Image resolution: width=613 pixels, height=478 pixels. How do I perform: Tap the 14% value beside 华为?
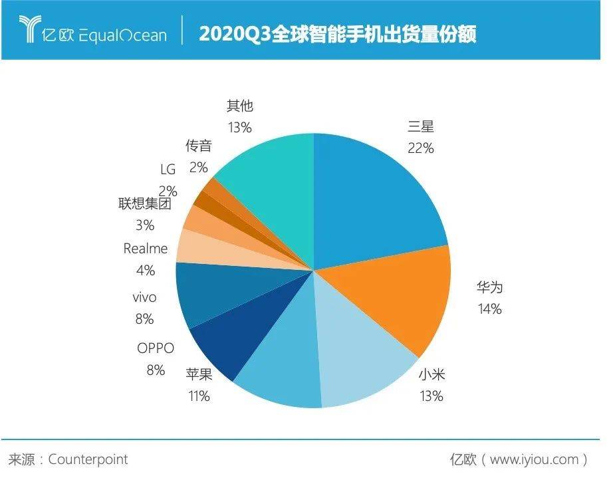(x=489, y=309)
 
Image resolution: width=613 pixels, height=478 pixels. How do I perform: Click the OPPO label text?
(x=155, y=348)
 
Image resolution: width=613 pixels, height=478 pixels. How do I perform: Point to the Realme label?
(x=146, y=249)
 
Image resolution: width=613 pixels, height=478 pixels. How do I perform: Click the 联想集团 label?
(x=144, y=203)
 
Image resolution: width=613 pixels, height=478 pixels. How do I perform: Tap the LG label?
(x=168, y=170)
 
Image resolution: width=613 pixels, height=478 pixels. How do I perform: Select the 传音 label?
(x=198, y=146)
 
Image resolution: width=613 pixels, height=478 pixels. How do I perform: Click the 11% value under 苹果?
(x=198, y=397)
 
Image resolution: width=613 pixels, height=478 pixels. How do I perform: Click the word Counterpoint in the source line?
(x=88, y=459)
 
